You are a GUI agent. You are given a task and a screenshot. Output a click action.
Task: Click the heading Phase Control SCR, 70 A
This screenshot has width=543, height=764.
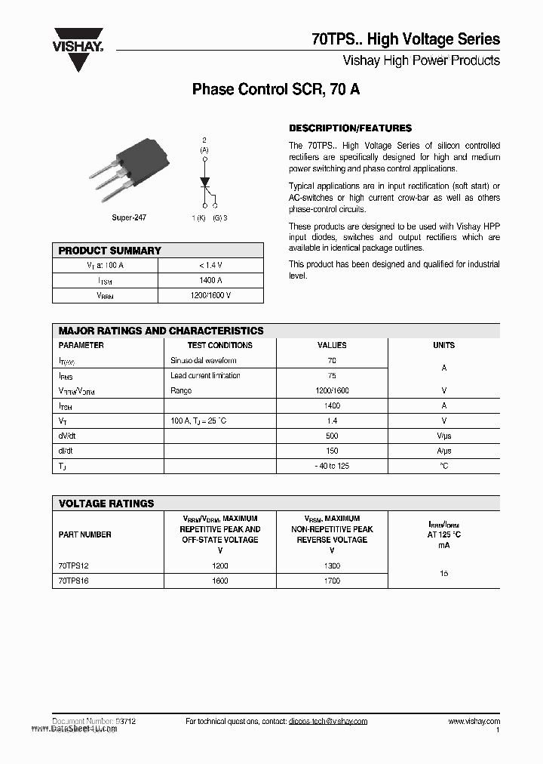[275, 89]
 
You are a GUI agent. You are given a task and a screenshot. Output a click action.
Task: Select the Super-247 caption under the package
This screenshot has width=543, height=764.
[128, 217]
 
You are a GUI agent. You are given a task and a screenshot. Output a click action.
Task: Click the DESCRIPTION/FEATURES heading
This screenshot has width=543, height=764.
[350, 128]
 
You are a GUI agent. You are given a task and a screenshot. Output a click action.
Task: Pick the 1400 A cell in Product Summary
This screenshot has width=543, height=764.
[210, 280]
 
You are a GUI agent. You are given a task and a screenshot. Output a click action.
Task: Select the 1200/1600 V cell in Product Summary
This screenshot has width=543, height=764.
[210, 295]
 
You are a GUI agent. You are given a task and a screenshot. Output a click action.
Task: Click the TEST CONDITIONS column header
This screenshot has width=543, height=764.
[219, 345]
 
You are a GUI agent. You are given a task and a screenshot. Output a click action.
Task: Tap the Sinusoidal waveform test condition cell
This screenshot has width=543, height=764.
[203, 361]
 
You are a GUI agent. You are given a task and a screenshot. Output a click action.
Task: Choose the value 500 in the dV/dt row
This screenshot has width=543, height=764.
[332, 436]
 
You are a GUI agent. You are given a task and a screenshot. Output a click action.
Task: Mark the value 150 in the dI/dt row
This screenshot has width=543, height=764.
[332, 451]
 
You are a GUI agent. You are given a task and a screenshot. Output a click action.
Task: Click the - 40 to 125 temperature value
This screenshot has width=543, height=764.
[332, 466]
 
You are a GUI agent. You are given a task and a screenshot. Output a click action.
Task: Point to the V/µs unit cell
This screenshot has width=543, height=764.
[443, 436]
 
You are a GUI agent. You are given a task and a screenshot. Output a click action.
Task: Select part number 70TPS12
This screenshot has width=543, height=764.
[73, 565]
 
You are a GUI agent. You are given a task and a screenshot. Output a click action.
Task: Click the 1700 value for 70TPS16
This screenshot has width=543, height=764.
[332, 581]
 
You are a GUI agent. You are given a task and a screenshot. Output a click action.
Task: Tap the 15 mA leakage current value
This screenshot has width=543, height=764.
[443, 573]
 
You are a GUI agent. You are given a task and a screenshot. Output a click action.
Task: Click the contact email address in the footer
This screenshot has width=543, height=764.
[327, 722]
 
